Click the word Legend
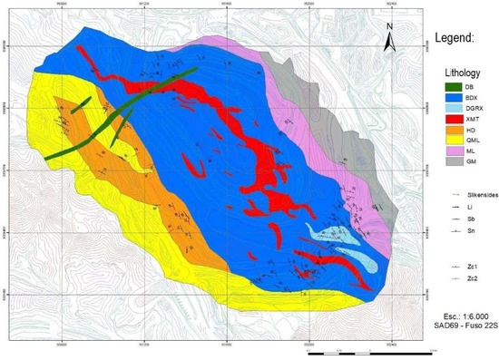coord(454,40)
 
